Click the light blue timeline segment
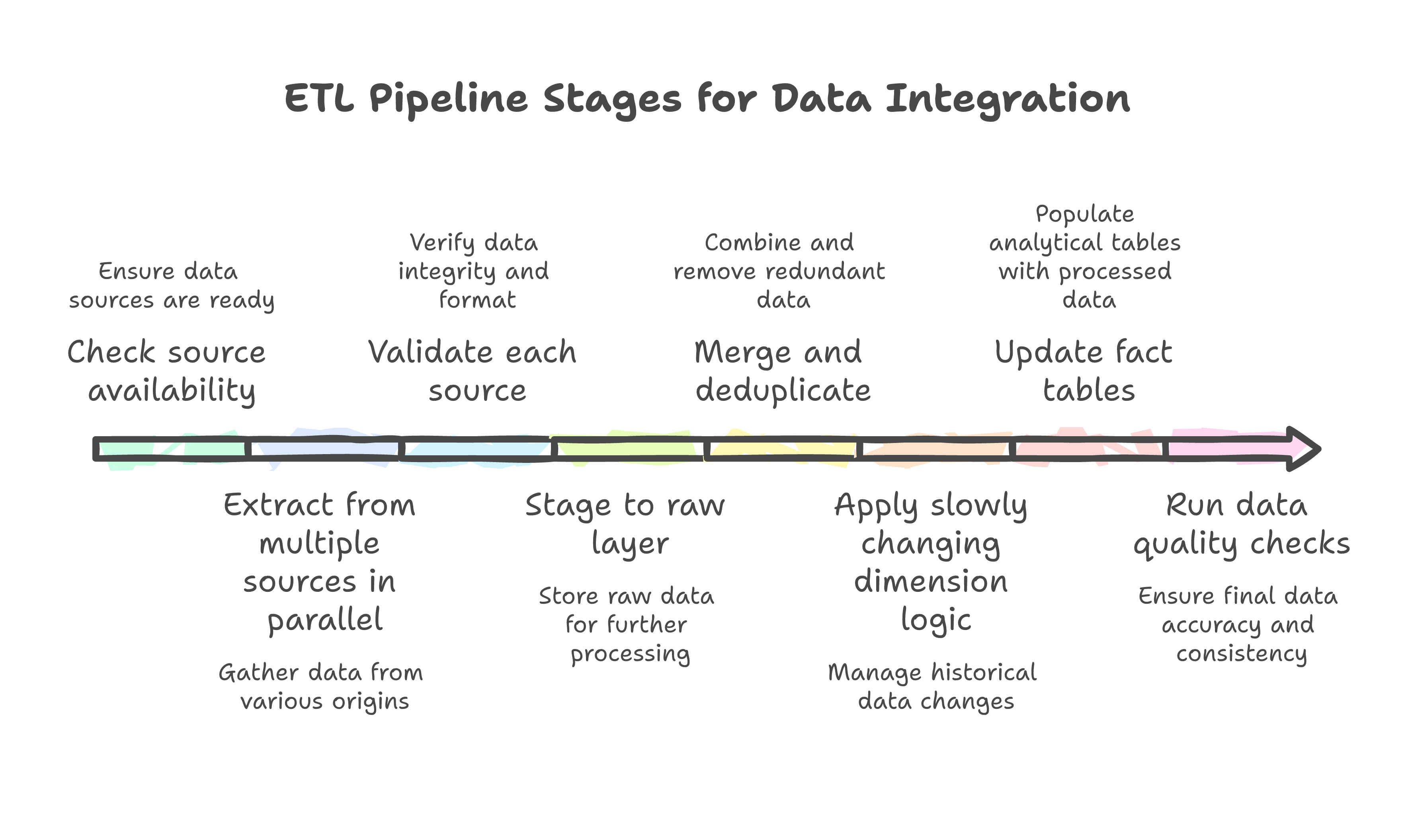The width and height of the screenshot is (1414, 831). (477, 449)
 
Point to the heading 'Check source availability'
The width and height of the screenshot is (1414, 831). (167, 371)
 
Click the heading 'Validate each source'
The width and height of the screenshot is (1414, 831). (473, 371)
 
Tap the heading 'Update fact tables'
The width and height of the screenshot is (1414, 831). (1084, 371)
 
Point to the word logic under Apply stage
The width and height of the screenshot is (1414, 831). (936, 620)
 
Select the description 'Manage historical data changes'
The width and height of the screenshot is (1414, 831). (933, 687)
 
